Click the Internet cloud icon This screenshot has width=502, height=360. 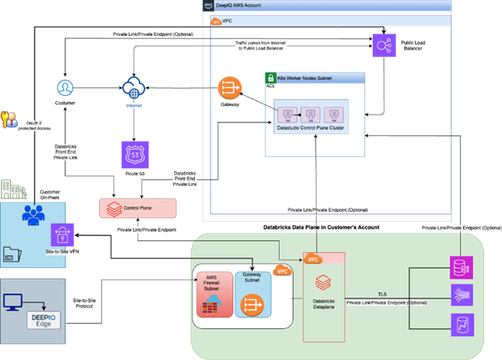click(x=135, y=88)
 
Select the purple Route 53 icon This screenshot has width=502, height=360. click(x=134, y=155)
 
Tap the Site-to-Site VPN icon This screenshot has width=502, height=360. click(x=63, y=235)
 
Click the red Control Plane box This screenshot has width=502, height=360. click(x=138, y=208)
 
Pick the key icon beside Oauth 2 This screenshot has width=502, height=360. click(x=9, y=120)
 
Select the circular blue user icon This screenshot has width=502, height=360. click(x=66, y=88)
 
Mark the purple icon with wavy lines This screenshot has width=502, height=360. click(x=461, y=296)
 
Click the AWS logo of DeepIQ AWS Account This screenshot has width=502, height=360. click(x=207, y=5)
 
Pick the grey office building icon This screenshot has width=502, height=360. click(x=13, y=190)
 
